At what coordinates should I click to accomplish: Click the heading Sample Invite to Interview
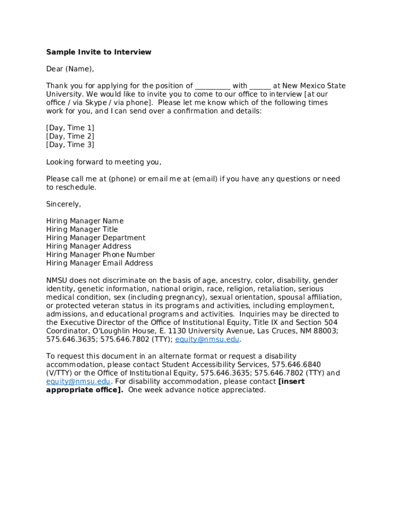point(99,52)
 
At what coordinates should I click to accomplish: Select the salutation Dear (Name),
point(70,69)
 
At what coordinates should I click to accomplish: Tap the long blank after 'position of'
point(213,86)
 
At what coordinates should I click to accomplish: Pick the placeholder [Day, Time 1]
point(70,128)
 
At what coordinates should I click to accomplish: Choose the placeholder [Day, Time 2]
point(70,136)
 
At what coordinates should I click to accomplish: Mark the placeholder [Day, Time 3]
point(70,145)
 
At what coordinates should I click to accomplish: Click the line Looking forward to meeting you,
point(104,162)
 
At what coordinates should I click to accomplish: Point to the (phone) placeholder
point(122,179)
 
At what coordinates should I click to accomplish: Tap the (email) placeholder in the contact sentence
point(205,179)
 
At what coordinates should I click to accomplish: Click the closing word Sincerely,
point(64,204)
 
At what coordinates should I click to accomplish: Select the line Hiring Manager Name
point(85,221)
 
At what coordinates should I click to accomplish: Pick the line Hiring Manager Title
point(82,230)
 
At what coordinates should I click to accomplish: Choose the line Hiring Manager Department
point(96,238)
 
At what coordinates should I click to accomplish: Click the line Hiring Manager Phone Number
point(101,255)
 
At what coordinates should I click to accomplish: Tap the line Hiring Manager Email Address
point(100,264)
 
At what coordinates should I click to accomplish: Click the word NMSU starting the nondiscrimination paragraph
point(56,280)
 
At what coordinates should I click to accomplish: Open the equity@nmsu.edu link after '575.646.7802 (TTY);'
point(207,340)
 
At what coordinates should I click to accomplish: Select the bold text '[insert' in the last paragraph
point(291,382)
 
